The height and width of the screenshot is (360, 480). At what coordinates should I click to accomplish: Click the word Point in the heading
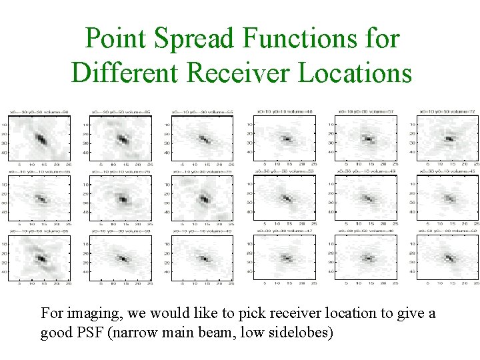(116, 39)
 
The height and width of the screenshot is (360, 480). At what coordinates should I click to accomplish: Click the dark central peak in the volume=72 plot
(449, 139)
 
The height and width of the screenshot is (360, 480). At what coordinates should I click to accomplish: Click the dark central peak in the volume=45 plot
(449, 199)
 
